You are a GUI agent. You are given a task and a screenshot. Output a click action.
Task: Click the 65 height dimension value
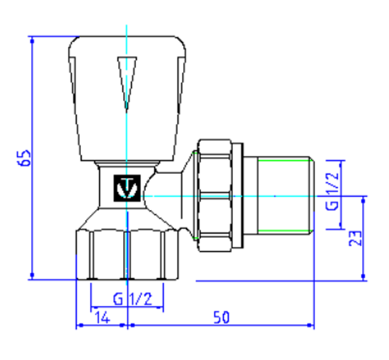click(x=24, y=158)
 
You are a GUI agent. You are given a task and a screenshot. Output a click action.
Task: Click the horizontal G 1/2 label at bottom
click(x=127, y=299)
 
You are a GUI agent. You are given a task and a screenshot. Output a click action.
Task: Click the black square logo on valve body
click(x=126, y=189)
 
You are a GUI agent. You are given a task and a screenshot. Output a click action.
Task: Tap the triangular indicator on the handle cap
click(x=126, y=82)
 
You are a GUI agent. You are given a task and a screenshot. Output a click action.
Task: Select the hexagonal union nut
click(x=220, y=195)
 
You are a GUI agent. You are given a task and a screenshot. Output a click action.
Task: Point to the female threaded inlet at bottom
click(x=127, y=255)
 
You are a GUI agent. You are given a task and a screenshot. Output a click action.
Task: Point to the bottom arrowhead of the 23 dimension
click(x=364, y=277)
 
